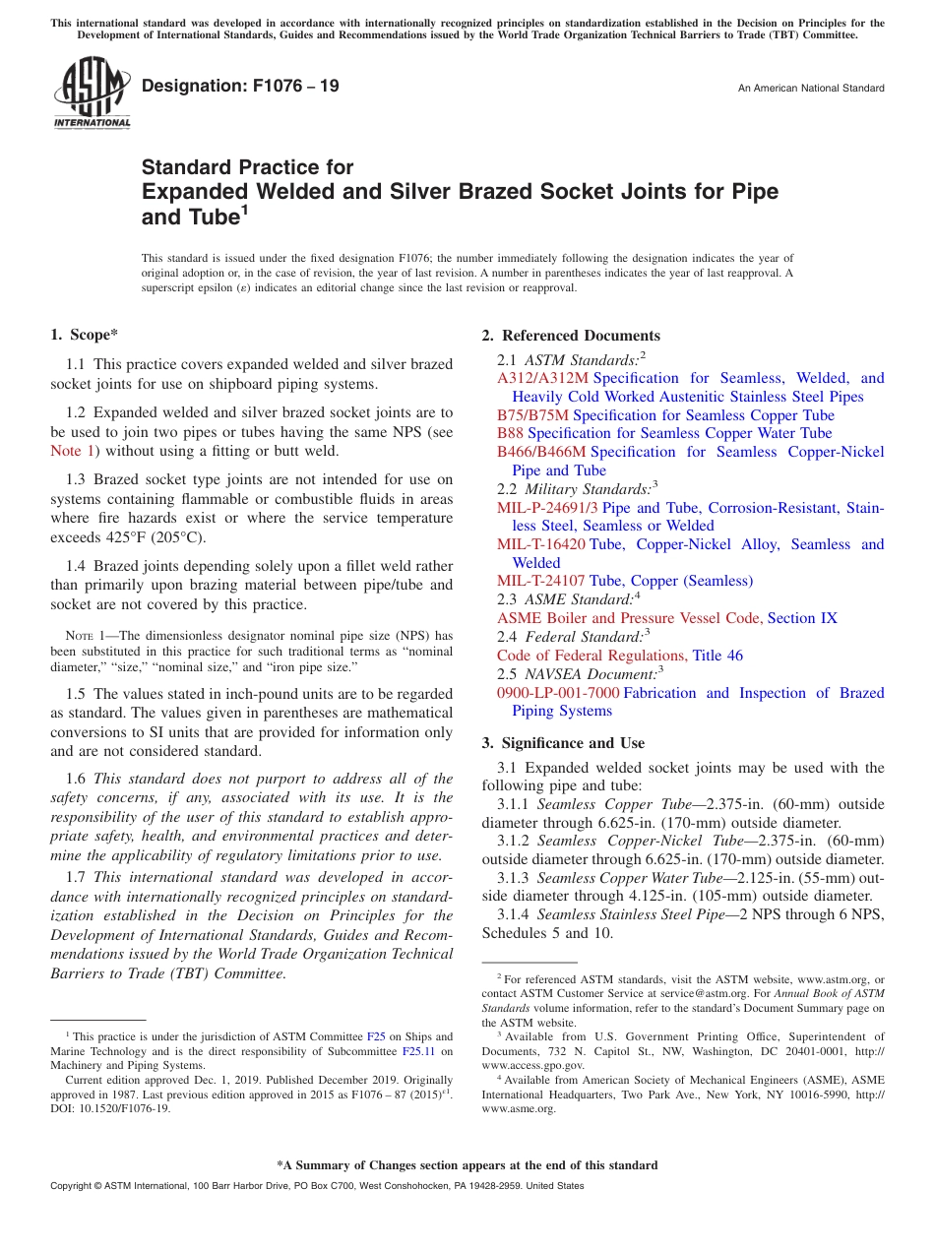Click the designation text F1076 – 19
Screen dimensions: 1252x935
tap(240, 87)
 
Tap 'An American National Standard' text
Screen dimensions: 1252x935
tap(810, 89)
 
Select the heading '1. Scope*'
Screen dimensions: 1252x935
tap(85, 336)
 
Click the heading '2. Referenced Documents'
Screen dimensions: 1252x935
tap(571, 336)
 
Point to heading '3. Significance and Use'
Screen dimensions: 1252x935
tap(563, 743)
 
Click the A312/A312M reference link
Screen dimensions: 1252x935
tap(542, 378)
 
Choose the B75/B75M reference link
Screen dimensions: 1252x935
tap(532, 415)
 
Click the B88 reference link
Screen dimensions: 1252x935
tap(510, 433)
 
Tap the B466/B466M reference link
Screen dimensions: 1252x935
tap(540, 452)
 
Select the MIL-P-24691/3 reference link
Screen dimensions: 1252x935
tap(547, 508)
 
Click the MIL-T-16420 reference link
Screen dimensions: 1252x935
tap(540, 544)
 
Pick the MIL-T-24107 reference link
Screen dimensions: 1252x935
tap(540, 582)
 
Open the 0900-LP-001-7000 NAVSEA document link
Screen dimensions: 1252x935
tap(558, 693)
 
